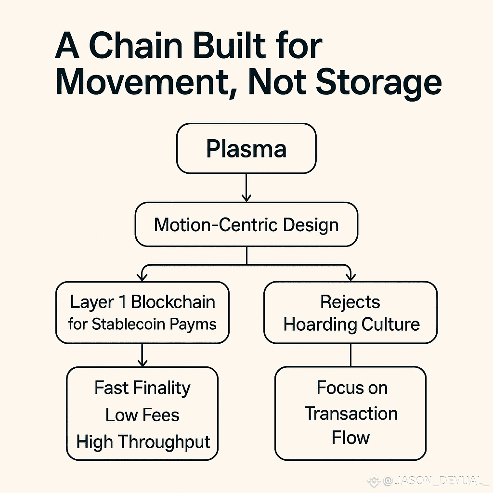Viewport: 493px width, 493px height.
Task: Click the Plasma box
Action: click(246, 148)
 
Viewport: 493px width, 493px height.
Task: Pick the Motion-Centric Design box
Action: click(246, 225)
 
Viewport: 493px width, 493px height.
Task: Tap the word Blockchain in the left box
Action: click(173, 302)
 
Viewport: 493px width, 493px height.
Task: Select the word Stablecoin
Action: click(123, 324)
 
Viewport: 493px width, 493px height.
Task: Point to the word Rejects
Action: click(350, 302)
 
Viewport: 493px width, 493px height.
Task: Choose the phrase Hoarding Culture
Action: click(351, 324)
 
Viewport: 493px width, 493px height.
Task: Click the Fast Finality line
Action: click(143, 388)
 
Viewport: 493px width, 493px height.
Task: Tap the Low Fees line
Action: click(143, 415)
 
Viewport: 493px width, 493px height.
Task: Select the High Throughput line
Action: click(143, 441)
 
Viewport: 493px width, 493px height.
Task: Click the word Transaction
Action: click(351, 414)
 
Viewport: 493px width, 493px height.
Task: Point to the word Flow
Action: click(350, 439)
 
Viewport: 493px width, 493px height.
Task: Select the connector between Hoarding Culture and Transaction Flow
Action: click(350, 355)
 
